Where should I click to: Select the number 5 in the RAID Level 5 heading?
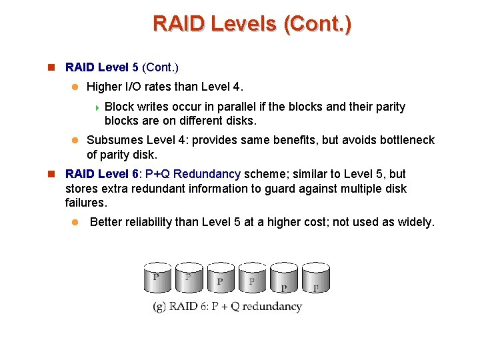tap(135, 67)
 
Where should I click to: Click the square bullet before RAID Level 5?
tap(50, 67)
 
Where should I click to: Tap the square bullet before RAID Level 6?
tap(50, 174)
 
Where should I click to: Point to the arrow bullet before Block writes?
tap(97, 107)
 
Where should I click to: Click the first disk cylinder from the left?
tap(157, 278)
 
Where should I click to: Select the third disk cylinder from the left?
tap(221, 278)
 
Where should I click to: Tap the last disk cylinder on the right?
tap(316, 278)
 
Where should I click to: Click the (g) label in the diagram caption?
tap(159, 307)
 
